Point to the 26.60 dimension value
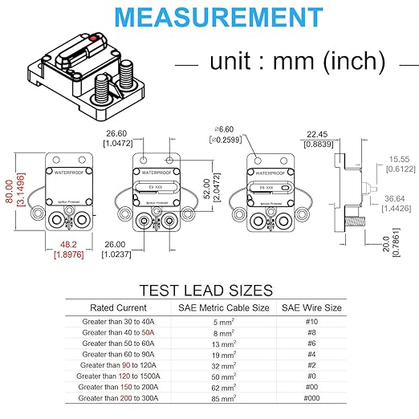pyautogui.click(x=117, y=134)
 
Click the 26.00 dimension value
pyautogui.click(x=117, y=245)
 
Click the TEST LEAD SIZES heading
pyautogui.click(x=207, y=290)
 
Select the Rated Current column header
pyautogui.click(x=118, y=307)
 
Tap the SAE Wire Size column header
pyautogui.click(x=311, y=307)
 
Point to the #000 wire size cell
pyautogui.click(x=311, y=397)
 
